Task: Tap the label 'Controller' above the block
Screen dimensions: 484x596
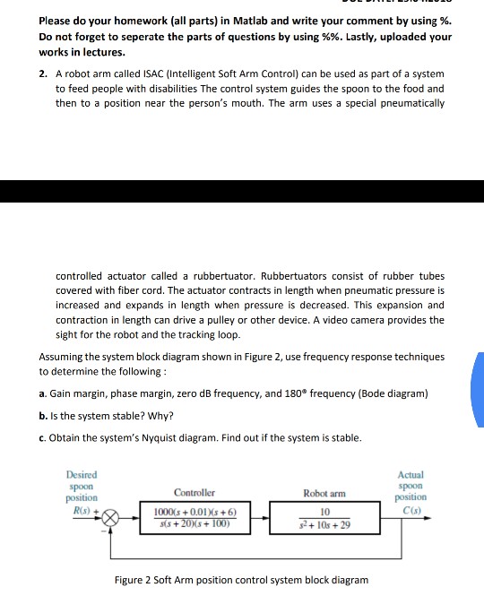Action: [194, 492]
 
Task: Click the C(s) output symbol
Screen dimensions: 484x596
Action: [411, 509]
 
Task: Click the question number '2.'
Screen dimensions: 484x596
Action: [44, 74]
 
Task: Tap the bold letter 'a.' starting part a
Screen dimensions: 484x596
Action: [43, 394]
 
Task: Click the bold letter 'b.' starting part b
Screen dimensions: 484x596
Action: [43, 416]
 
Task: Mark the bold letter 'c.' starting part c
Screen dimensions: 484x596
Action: [43, 437]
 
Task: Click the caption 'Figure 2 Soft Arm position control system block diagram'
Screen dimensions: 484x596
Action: [241, 581]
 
